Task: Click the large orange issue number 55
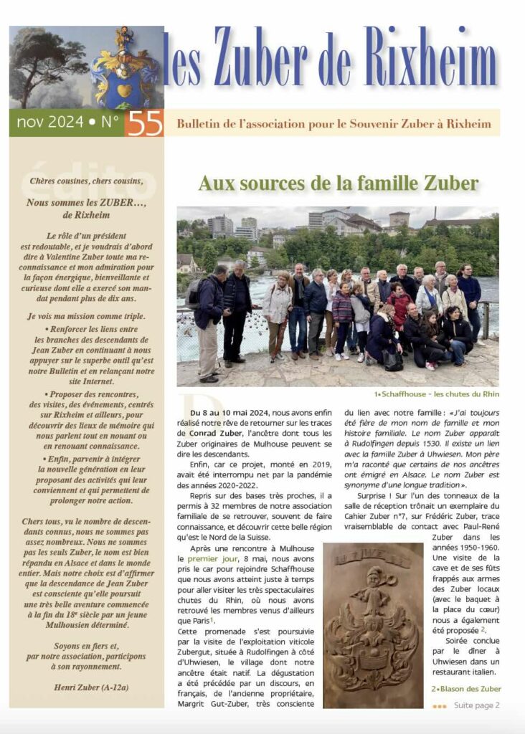(x=143, y=123)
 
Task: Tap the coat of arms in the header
(x=125, y=70)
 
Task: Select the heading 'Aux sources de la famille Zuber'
(x=338, y=183)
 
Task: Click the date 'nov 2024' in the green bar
(x=50, y=123)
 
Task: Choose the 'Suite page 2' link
(x=477, y=705)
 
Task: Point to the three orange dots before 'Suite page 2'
(x=440, y=706)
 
